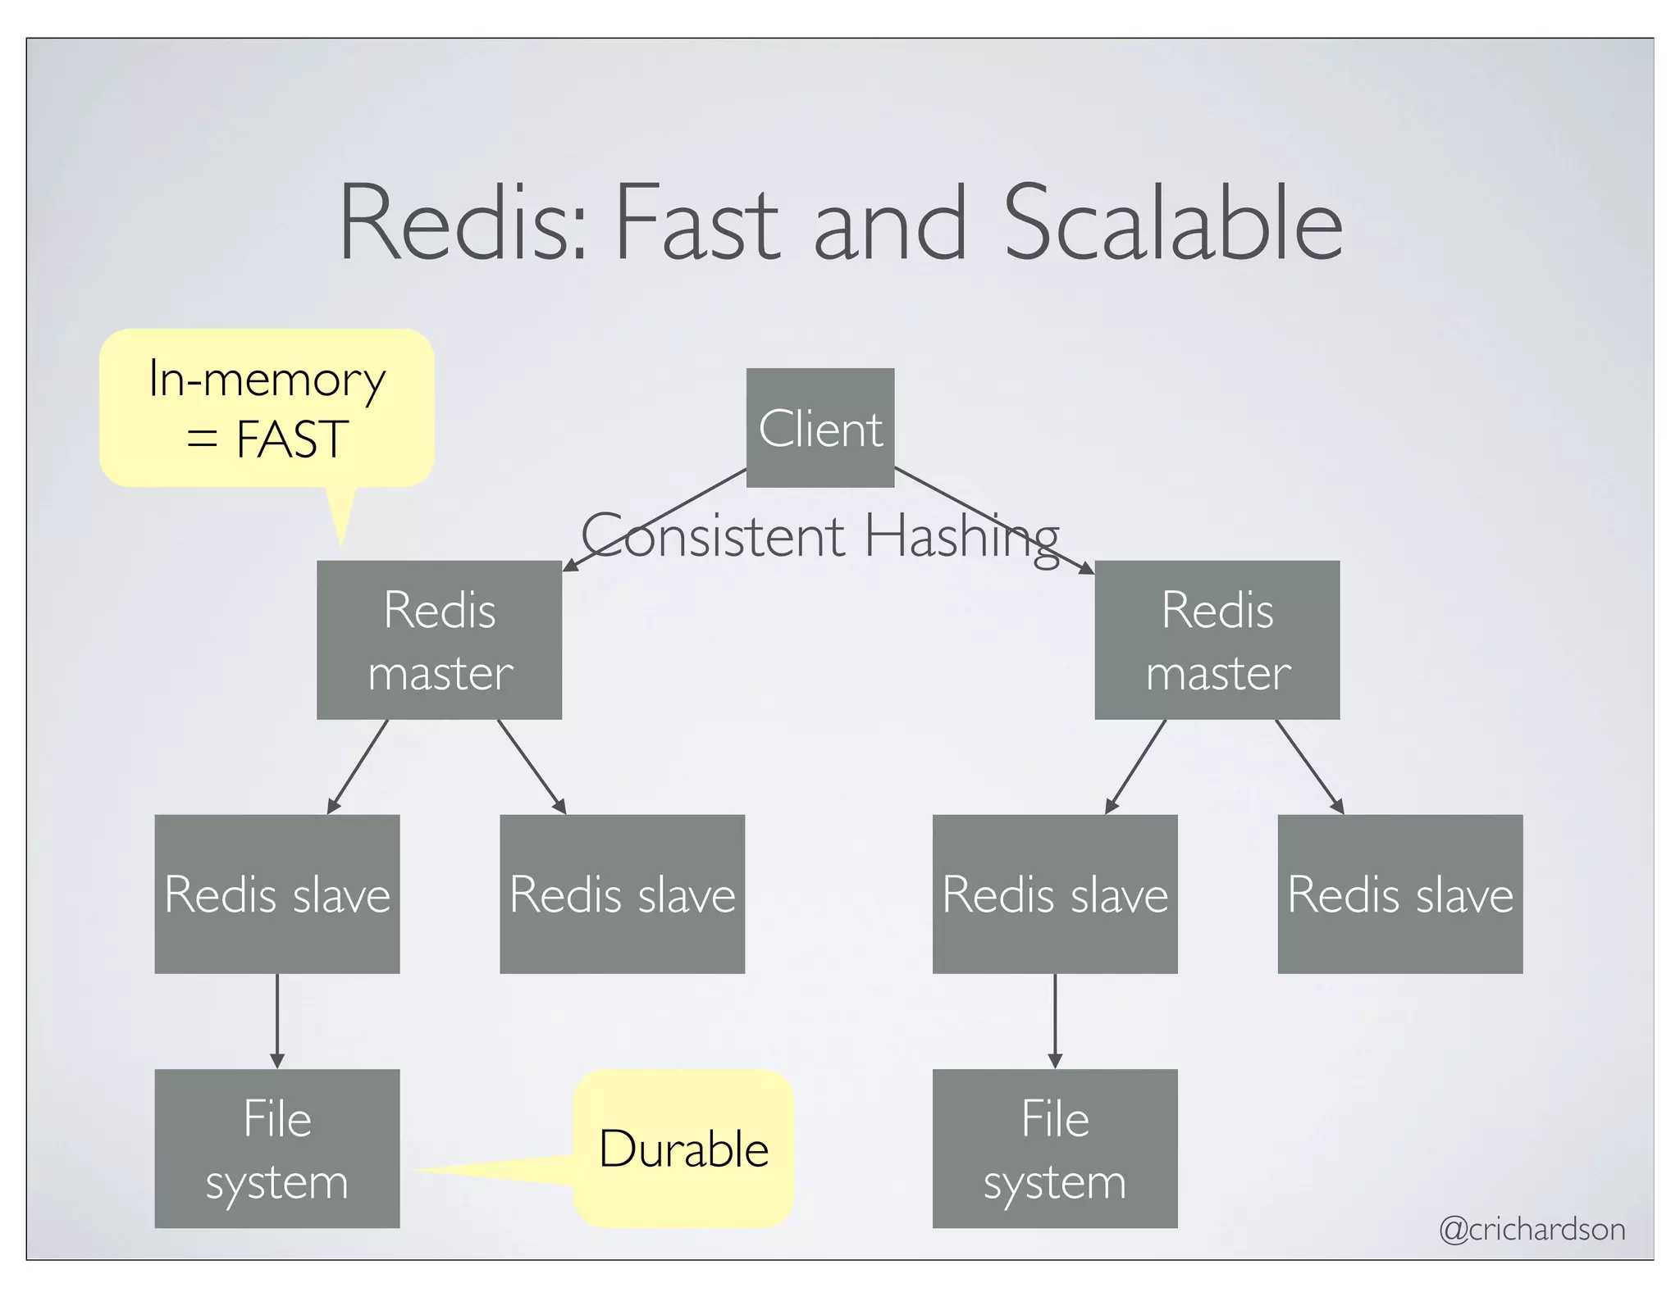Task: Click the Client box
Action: pos(819,427)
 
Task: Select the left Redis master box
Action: pos(439,639)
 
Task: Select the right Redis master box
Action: pos(1217,639)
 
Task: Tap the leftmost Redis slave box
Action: pos(276,894)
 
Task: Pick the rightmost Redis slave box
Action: pos(1399,894)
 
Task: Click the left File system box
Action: pos(276,1148)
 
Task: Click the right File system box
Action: pos(1054,1148)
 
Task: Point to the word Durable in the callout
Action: pos(683,1149)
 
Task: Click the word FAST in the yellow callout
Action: pos(291,439)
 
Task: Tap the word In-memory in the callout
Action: pos(267,380)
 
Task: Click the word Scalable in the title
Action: pos(1172,223)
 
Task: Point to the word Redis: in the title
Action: pos(463,223)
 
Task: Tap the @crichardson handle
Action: pos(1532,1229)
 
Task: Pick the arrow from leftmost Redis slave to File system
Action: pos(276,1021)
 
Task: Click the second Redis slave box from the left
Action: pos(622,894)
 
